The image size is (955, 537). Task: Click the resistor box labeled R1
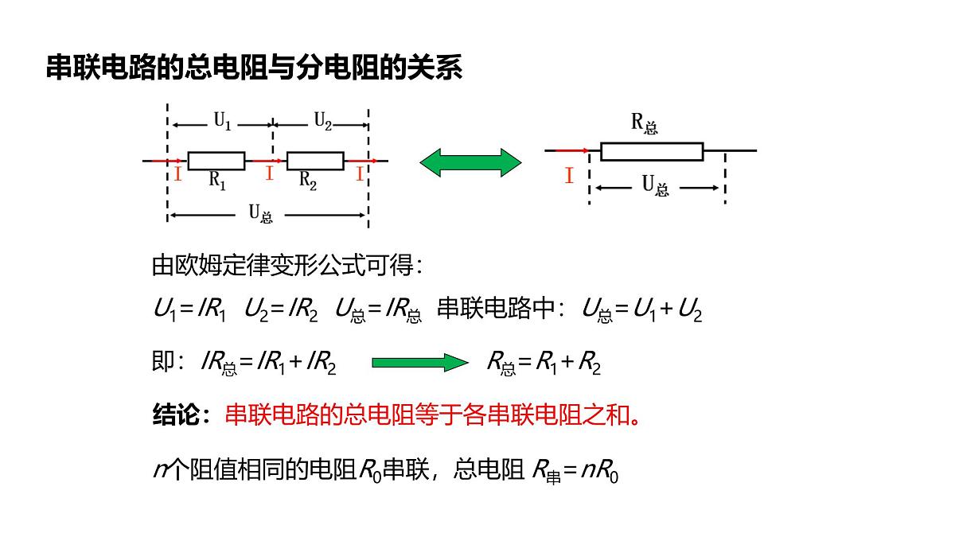[x=216, y=161]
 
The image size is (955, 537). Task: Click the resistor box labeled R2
[x=315, y=161]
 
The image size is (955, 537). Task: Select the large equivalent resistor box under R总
[x=652, y=152]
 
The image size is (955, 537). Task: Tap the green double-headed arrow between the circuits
[x=470, y=162]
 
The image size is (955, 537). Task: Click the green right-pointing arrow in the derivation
[x=420, y=363]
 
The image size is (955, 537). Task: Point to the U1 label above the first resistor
[x=222, y=121]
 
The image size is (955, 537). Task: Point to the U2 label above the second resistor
[x=323, y=121]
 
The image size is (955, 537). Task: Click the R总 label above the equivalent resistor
[x=644, y=124]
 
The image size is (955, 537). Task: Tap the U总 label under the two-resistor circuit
[x=260, y=213]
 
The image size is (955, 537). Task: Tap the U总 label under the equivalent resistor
[x=655, y=186]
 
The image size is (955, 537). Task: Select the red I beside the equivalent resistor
[x=569, y=175]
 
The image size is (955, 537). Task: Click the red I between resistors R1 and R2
[x=269, y=173]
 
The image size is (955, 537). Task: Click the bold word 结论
[x=175, y=414]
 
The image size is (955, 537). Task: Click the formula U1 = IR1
[x=189, y=309]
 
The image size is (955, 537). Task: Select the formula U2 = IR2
[x=281, y=309]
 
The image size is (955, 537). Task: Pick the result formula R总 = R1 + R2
[x=544, y=364]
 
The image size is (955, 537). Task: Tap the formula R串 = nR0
[x=575, y=471]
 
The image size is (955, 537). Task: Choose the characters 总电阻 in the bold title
[x=226, y=68]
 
